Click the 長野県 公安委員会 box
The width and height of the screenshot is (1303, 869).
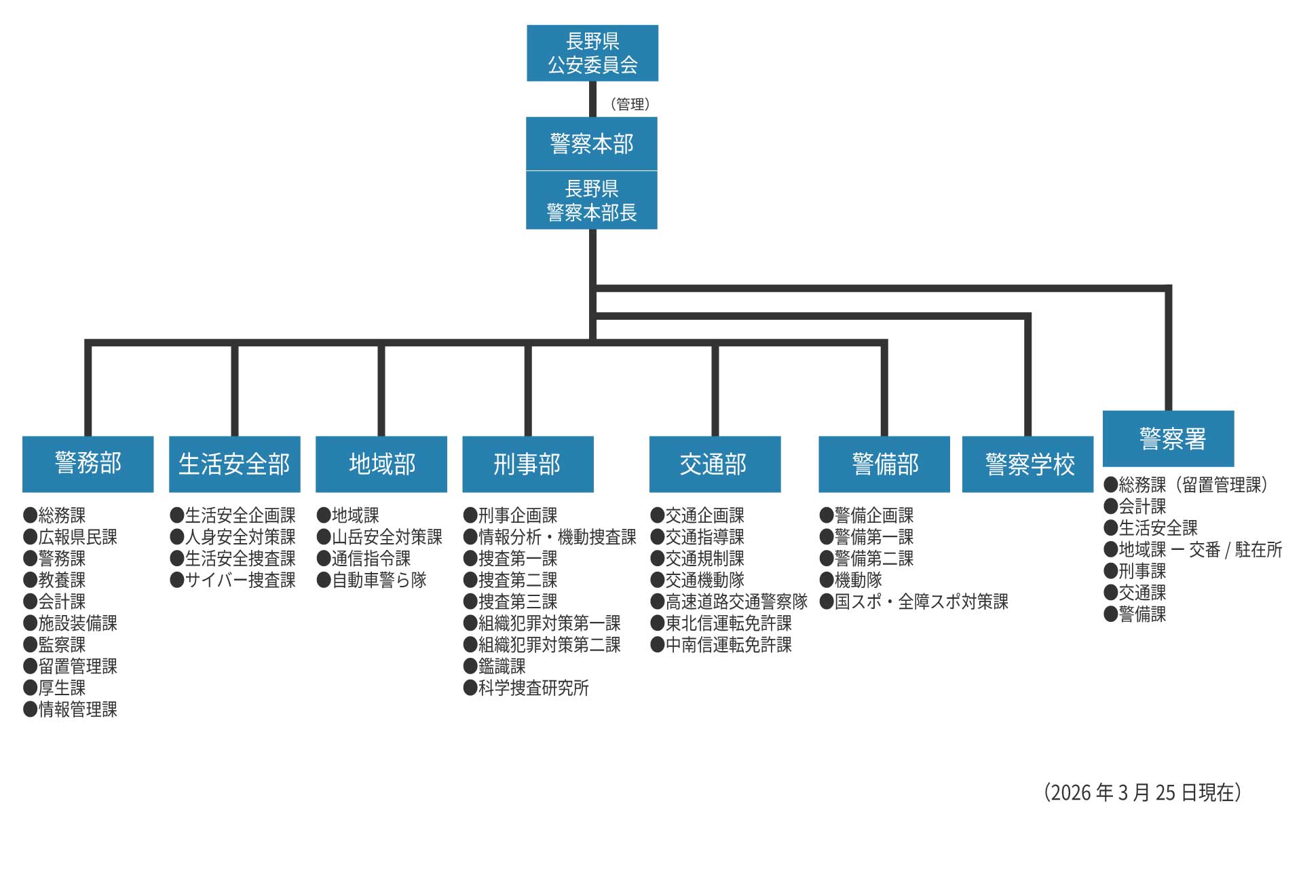[592, 53]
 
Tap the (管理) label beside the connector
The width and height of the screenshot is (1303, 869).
[630, 104]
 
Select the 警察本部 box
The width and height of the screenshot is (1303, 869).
[592, 143]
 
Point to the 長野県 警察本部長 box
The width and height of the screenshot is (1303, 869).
[592, 200]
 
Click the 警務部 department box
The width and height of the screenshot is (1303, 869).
[88, 464]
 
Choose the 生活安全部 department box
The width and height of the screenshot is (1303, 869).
[234, 464]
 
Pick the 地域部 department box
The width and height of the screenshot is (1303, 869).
[381, 464]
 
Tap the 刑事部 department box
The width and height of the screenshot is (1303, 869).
[527, 464]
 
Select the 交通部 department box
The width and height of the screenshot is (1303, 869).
[715, 464]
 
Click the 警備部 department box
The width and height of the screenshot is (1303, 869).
[884, 464]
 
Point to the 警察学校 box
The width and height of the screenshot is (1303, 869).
[1028, 464]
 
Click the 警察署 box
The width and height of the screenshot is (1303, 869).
[1169, 439]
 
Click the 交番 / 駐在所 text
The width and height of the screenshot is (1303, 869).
[1236, 549]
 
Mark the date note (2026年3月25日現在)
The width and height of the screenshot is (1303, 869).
[1143, 792]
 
